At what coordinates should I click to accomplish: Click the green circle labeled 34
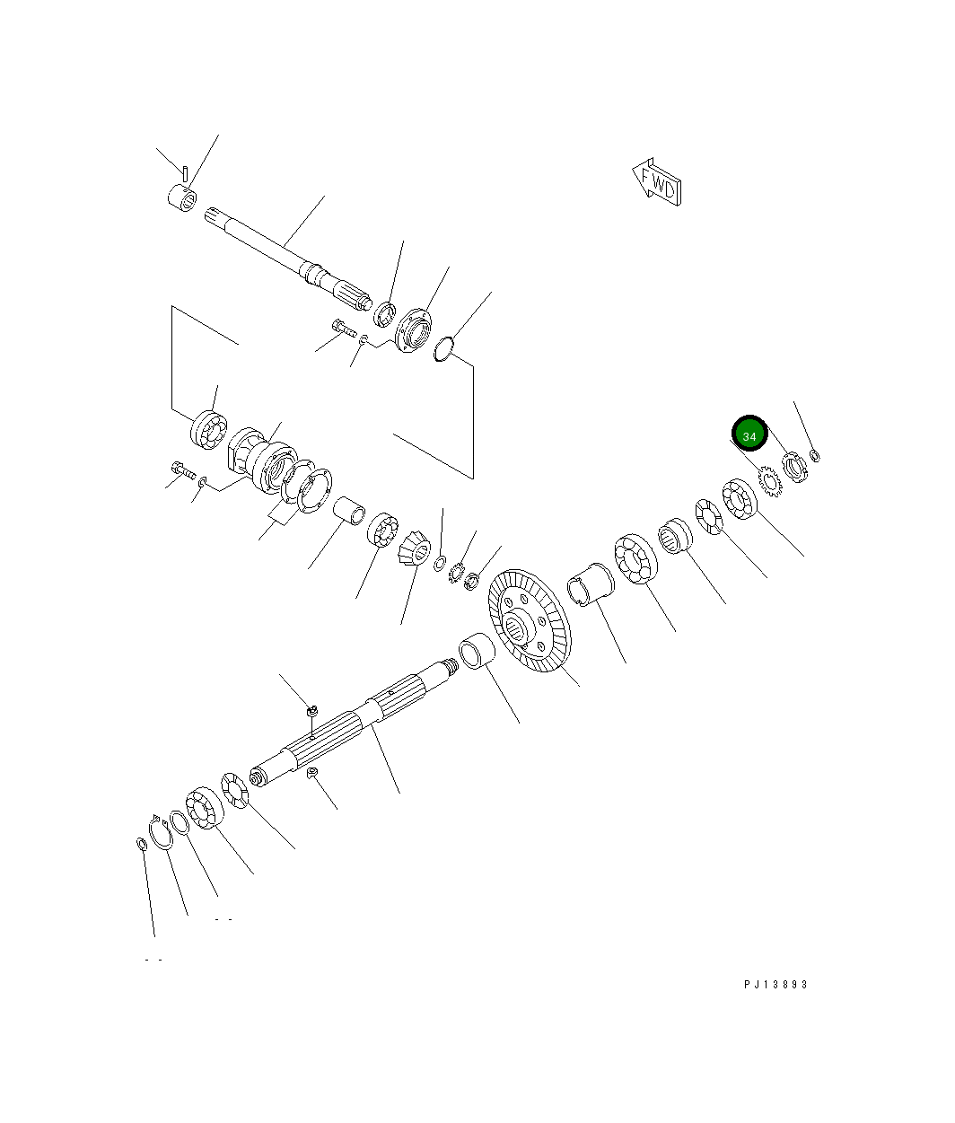coord(749,434)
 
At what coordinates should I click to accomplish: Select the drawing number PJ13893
coord(775,984)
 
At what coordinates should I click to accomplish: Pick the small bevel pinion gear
coord(414,547)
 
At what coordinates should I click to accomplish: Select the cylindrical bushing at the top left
coord(183,197)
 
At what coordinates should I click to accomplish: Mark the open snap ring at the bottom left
coord(162,832)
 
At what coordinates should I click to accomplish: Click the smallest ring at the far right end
coord(815,457)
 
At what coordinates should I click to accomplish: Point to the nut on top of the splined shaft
coord(311,711)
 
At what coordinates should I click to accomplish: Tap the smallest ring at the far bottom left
coord(141,844)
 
